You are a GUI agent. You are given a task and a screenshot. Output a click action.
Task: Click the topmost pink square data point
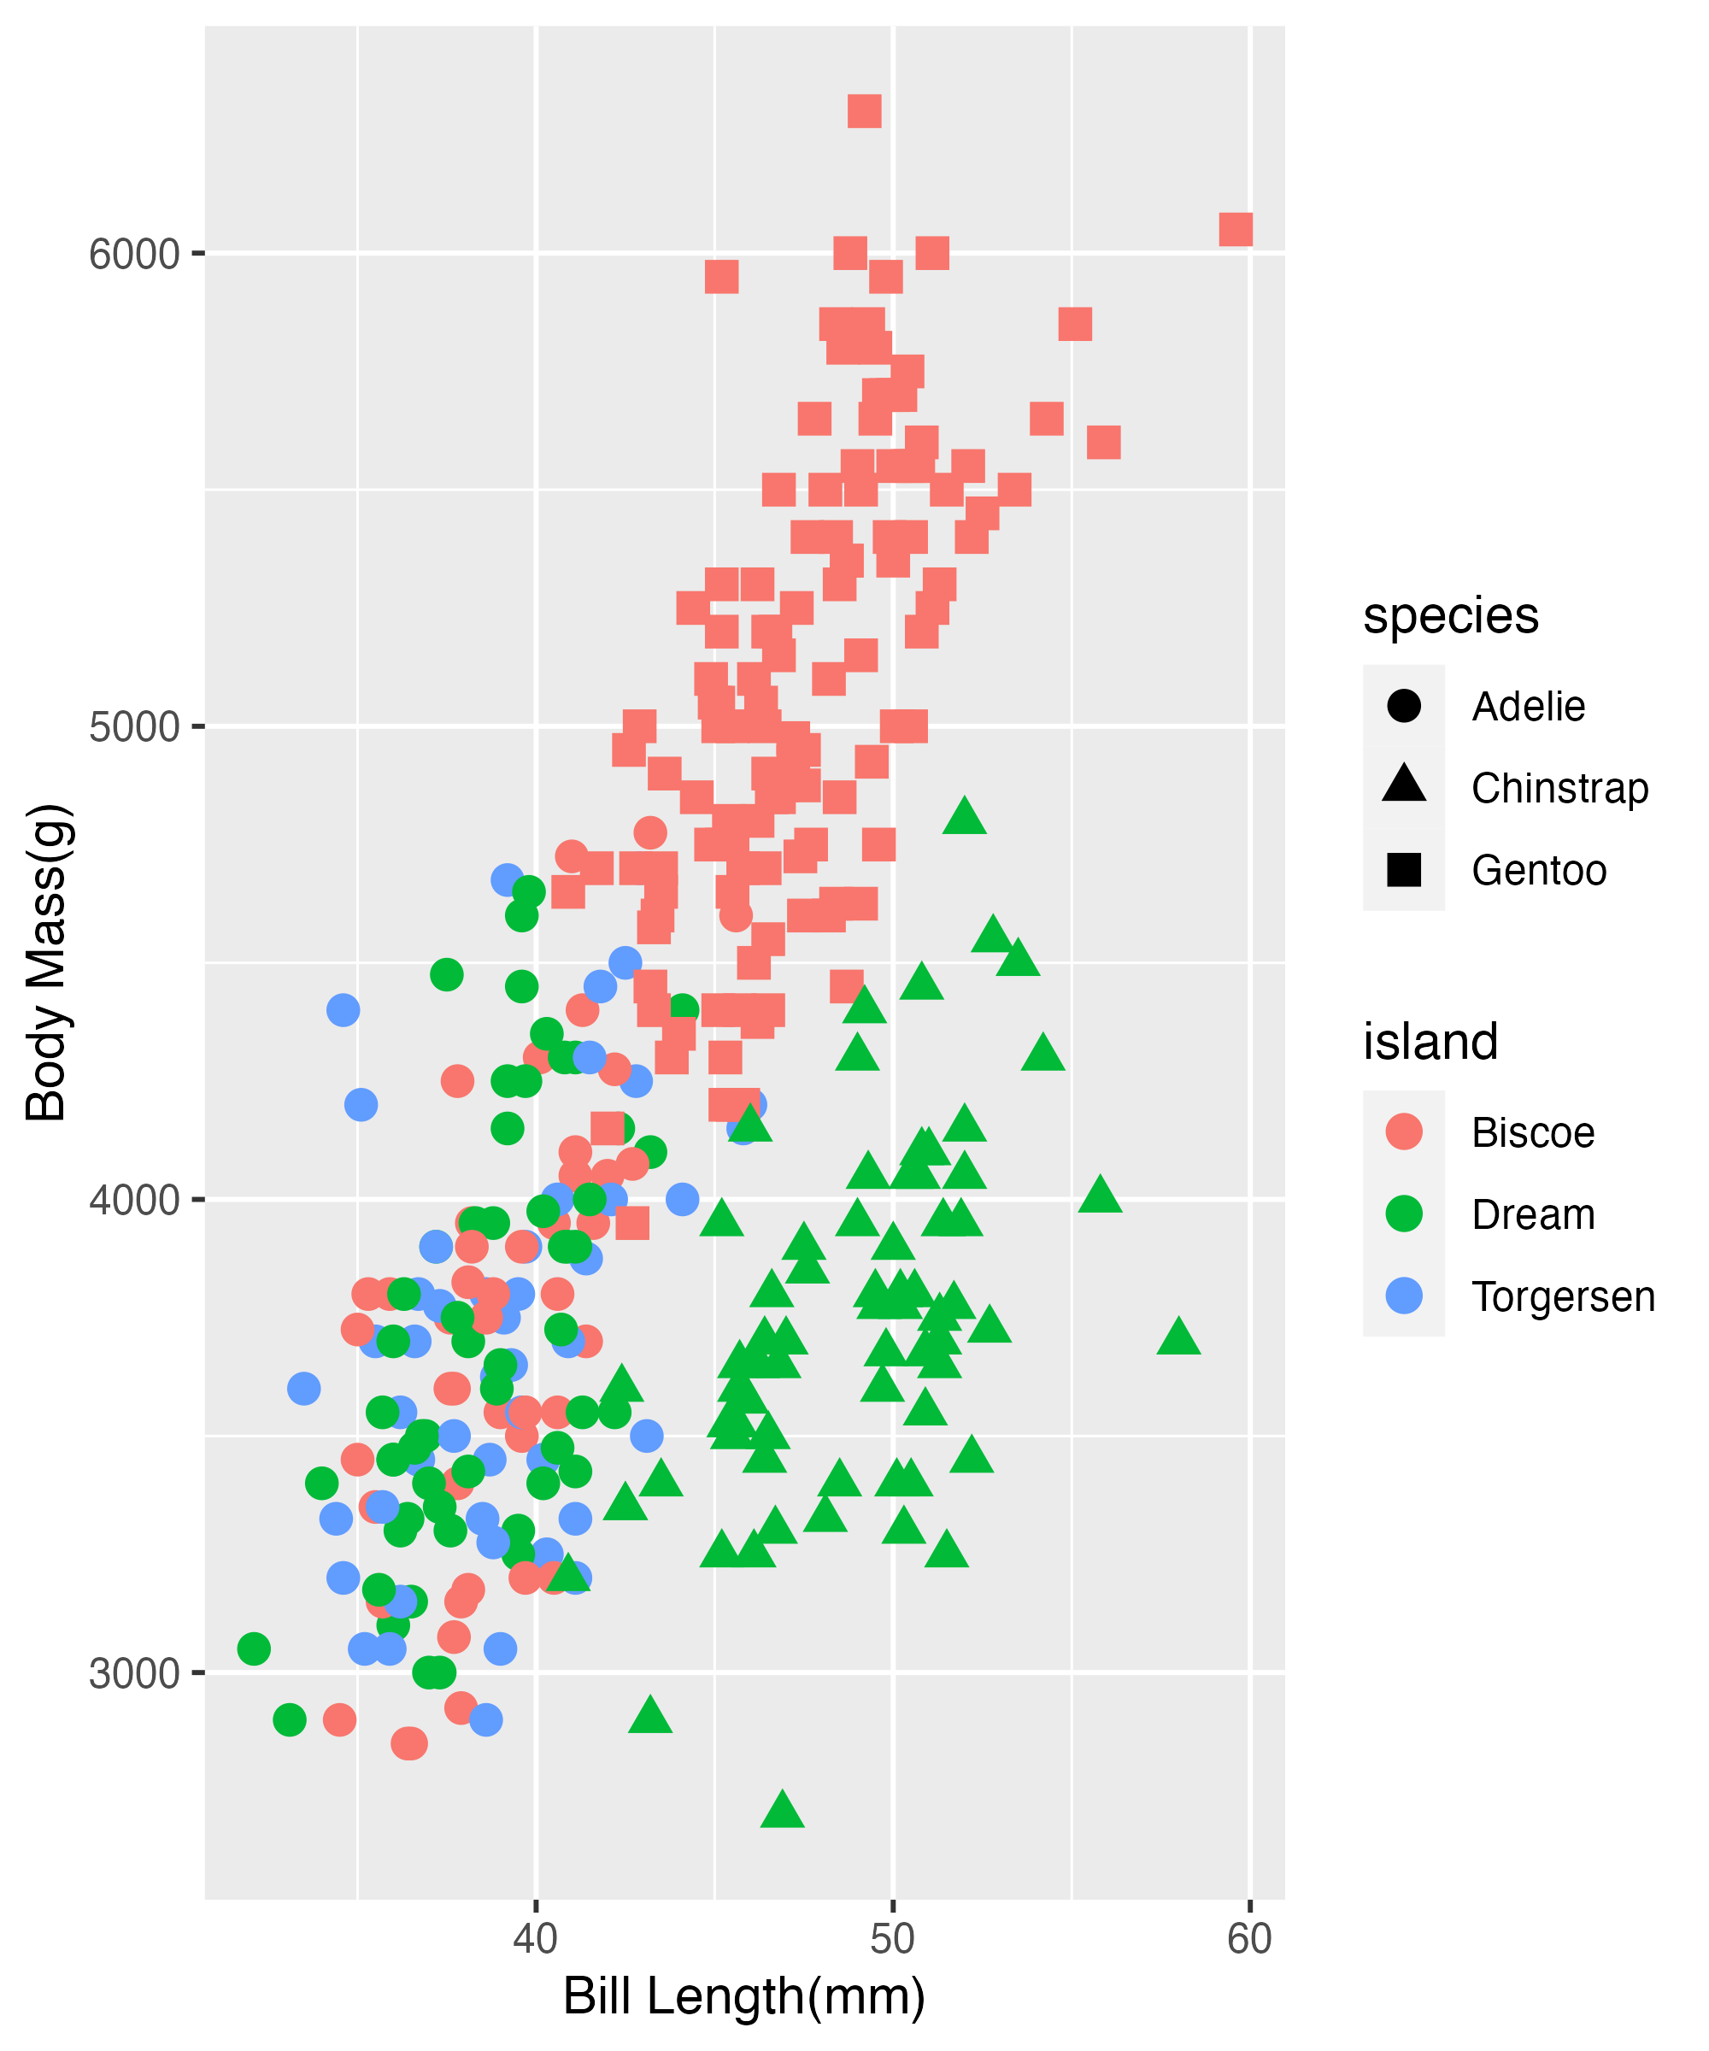864,111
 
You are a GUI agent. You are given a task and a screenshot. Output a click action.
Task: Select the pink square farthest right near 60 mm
1236,230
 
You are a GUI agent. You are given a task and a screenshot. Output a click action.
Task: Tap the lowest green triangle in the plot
781,1810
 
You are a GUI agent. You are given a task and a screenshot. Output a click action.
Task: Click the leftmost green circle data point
254,1648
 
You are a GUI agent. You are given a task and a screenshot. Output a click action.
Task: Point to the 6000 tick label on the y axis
135,255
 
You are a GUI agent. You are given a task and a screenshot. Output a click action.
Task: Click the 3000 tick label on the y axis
135,1674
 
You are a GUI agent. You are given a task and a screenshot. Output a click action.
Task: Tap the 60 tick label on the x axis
1249,1939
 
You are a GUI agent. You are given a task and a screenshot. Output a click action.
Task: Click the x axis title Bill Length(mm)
744,1997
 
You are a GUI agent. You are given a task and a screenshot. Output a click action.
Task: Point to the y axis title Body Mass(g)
46,962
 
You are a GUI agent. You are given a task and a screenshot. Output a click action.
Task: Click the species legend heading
1450,616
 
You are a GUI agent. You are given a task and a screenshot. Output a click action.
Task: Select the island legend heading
1430,1042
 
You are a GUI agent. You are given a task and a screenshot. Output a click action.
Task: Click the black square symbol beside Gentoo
1403,869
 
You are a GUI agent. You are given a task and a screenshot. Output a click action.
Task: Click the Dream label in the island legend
1532,1215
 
